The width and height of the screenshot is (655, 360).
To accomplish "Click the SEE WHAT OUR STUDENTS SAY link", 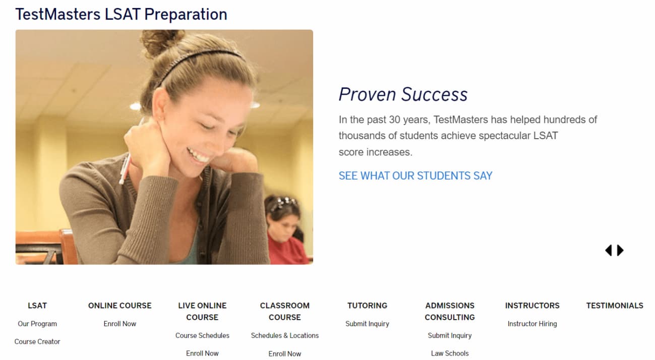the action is point(415,176).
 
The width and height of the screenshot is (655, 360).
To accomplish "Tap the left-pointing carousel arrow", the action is point(609,250).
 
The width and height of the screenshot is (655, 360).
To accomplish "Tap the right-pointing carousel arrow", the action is point(620,250).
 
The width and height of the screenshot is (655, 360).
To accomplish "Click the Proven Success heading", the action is point(403,94).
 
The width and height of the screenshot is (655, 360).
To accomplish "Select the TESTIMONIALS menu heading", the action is point(615,306).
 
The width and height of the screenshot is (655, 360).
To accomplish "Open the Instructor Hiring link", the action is point(532,324).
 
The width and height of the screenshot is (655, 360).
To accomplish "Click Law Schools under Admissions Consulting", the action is point(450,353).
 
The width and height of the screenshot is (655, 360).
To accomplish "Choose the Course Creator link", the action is point(37,341).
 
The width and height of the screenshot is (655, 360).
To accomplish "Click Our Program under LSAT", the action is point(37,324).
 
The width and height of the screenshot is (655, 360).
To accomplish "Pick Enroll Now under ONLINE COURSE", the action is point(120,324).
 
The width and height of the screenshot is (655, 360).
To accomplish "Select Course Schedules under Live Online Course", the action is point(202,335).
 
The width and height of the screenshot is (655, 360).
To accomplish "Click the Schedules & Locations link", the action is point(285,335).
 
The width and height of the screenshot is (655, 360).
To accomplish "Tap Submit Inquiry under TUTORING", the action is point(367,324).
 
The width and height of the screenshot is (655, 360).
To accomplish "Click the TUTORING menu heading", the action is point(367,306).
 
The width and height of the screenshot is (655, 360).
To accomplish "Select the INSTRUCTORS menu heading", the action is point(532,306).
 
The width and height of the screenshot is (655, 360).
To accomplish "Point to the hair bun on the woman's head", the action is point(162,42).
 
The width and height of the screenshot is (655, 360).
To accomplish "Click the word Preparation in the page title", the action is point(186,15).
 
